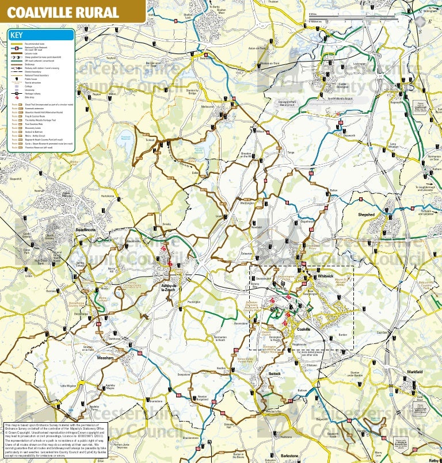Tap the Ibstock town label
275,373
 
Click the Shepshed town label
366,215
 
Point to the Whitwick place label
325,276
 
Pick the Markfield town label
414,372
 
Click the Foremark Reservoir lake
125,137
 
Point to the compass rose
420,21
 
